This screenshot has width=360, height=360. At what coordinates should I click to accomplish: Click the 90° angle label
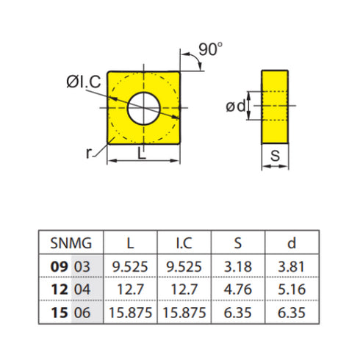(x=210, y=50)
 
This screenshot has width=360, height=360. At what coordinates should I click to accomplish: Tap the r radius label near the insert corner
(x=89, y=152)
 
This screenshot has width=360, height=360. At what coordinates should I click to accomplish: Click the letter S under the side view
(x=275, y=156)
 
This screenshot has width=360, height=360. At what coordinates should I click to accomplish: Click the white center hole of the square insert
(x=144, y=109)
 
